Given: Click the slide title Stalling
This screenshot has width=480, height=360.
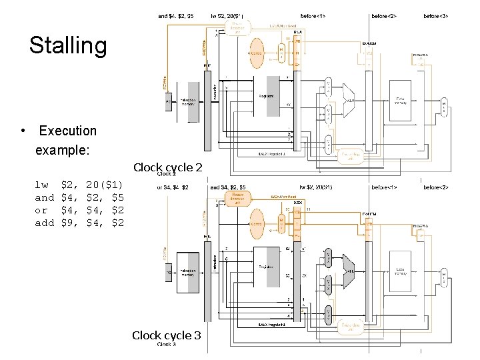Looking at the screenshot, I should click(68, 46).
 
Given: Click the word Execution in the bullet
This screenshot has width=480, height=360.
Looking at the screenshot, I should click(67, 131).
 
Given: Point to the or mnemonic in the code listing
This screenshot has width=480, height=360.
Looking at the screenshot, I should click(42, 210).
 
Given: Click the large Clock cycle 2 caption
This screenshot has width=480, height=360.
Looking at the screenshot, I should click(167, 167).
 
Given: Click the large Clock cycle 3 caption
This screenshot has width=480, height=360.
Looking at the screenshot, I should click(166, 335).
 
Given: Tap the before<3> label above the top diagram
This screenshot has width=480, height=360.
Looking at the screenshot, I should click(436, 15).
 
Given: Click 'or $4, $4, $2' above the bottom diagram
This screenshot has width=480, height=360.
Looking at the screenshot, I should click(173, 187).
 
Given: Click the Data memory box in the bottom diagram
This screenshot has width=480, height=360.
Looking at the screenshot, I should click(400, 271).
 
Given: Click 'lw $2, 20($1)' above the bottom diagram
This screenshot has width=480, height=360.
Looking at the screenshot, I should click(319, 187).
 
